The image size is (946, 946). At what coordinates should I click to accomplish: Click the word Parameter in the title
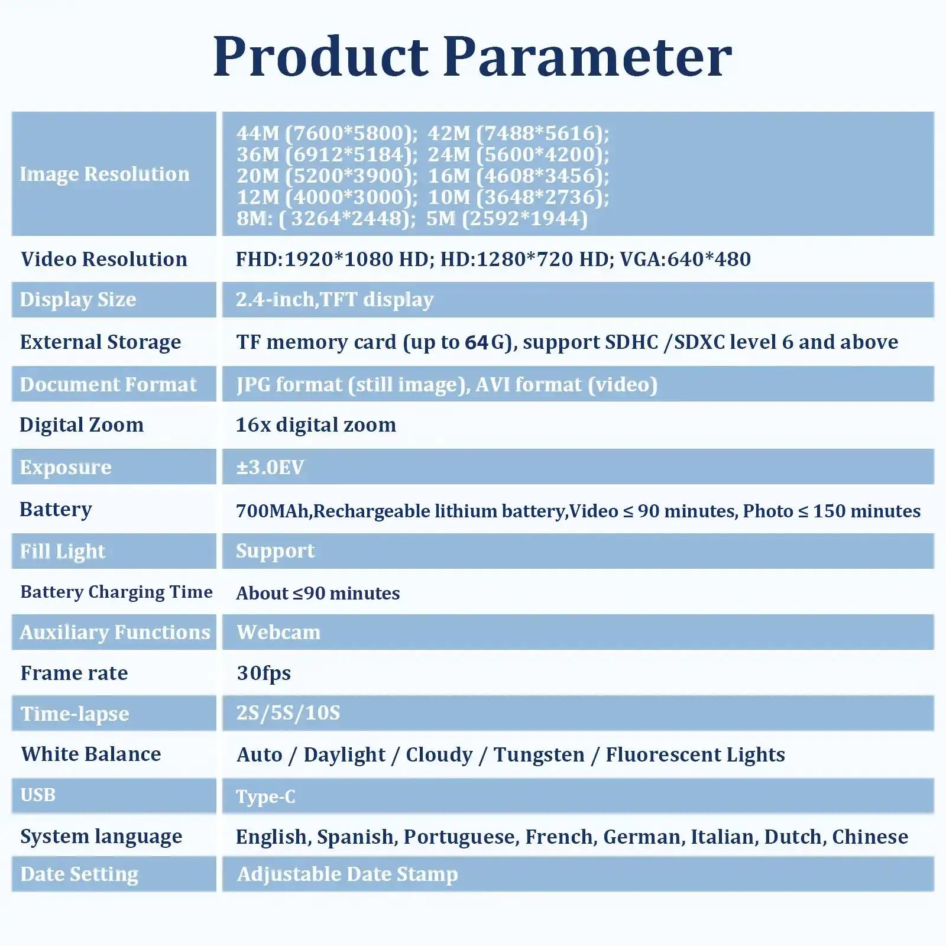pos(588,56)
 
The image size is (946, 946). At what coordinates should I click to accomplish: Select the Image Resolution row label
pos(105,174)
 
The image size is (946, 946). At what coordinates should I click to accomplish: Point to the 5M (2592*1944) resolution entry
pos(507,218)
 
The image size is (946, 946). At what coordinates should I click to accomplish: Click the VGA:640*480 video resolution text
pos(685,259)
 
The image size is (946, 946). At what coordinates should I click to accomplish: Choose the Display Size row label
pos(78,300)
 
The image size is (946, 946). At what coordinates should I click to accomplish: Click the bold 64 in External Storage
pos(477,342)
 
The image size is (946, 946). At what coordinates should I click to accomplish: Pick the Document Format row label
pos(108,384)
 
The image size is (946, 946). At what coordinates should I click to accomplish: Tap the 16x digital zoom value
pos(316,425)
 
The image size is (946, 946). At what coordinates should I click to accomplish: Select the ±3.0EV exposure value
pos(270,467)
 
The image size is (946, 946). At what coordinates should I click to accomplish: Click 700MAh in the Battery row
pos(273,511)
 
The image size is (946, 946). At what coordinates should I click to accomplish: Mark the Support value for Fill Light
pos(276,551)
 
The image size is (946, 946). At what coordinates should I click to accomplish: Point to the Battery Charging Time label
pos(116,592)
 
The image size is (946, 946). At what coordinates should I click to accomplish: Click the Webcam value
pos(278,632)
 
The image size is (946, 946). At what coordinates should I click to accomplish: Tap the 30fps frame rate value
pos(264,673)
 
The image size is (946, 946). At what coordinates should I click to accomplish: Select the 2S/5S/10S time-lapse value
pos(289,713)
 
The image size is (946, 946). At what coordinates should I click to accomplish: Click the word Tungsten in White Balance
pos(539,755)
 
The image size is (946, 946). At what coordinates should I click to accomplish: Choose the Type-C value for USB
pos(265,797)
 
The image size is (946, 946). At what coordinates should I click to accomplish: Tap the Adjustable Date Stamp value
pos(348,874)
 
